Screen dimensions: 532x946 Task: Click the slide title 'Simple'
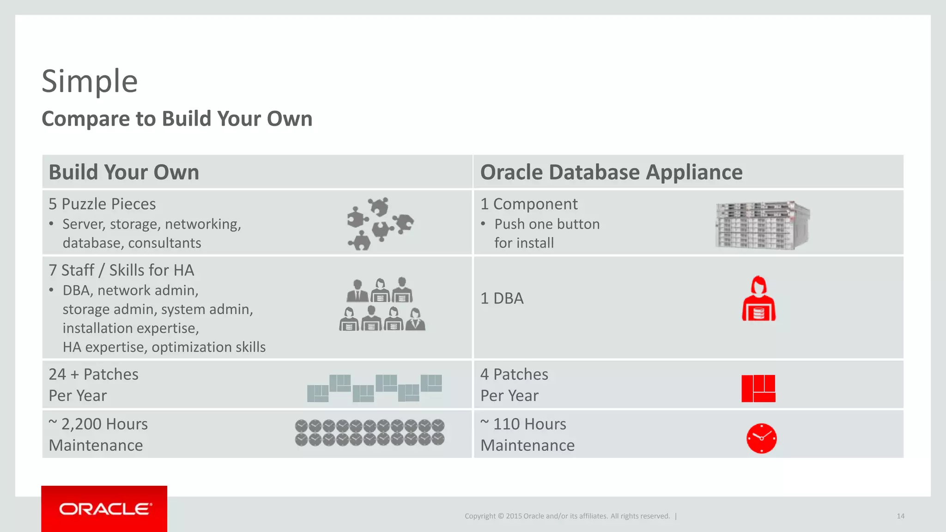(90, 81)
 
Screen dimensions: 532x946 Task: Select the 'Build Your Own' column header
(124, 172)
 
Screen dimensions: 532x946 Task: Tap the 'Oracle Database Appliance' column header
(611, 172)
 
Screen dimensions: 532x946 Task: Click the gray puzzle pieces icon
(380, 224)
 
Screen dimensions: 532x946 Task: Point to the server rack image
(762, 225)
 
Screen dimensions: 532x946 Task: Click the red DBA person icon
(758, 299)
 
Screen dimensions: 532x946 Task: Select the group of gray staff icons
(382, 304)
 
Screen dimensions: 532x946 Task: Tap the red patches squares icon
(758, 388)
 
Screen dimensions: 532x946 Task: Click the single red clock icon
(761, 438)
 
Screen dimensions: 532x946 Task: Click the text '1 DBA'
(502, 299)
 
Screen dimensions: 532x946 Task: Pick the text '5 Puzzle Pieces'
(102, 204)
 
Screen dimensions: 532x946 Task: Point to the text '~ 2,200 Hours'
(98, 424)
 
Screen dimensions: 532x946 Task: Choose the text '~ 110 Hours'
(523, 424)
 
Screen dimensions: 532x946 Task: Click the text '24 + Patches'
(93, 375)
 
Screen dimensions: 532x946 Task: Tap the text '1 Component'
(528, 204)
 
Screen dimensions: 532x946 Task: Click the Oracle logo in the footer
(104, 509)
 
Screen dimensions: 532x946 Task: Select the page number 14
(900, 516)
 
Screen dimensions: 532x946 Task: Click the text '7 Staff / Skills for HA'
(121, 270)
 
